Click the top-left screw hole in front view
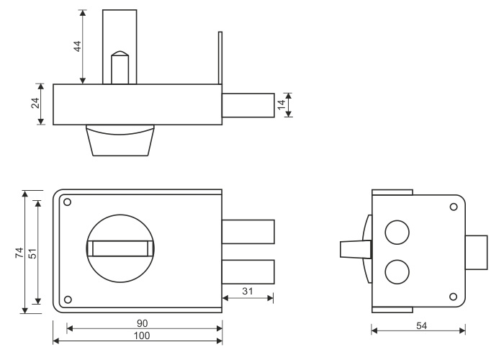point(67,202)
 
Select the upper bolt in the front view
point(248,233)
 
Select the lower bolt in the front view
point(248,271)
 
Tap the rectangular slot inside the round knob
point(120,248)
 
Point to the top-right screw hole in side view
point(453,207)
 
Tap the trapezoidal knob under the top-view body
point(120,140)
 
